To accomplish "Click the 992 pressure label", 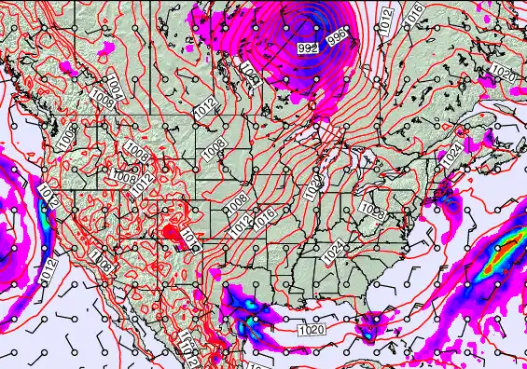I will coord(306,47).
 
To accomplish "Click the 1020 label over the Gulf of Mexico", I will coord(312,329).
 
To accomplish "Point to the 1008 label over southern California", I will coord(103,267).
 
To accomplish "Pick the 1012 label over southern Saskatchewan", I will coord(206,108).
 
